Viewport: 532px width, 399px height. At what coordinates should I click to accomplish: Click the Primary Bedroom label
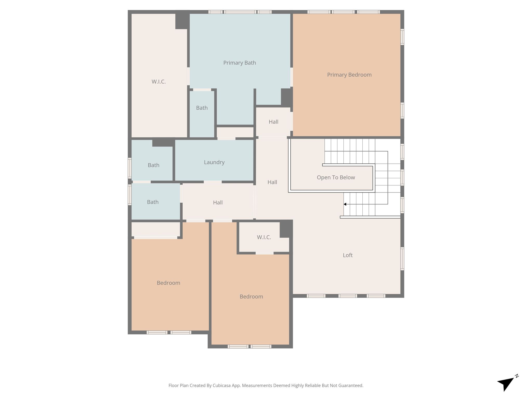[x=349, y=75]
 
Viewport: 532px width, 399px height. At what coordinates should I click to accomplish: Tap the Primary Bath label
[x=240, y=63]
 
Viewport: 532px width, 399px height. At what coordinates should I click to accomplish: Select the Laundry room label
[x=214, y=162]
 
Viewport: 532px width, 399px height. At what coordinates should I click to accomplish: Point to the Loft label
[x=348, y=255]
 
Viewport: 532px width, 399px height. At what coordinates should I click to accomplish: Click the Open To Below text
[x=336, y=177]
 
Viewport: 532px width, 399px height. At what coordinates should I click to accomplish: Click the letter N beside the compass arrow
[x=517, y=376]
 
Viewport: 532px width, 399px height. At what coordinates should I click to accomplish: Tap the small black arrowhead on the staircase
[x=345, y=204]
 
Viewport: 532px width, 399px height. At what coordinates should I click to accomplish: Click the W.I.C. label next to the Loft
[x=264, y=237]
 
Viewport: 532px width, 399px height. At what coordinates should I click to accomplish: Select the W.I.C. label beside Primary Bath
[x=158, y=82]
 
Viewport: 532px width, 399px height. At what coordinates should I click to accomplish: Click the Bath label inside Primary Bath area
[x=202, y=108]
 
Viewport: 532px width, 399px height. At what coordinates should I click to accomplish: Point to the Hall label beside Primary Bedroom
[x=273, y=122]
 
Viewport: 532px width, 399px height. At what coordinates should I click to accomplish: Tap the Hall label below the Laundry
[x=218, y=203]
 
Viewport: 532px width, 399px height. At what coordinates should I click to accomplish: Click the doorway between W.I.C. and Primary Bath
[x=188, y=76]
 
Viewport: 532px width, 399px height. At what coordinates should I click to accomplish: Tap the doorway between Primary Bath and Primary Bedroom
[x=291, y=77]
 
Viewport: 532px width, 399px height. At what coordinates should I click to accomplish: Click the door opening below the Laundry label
[x=213, y=182]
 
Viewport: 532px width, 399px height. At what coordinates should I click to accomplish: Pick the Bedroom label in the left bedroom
[x=168, y=283]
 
